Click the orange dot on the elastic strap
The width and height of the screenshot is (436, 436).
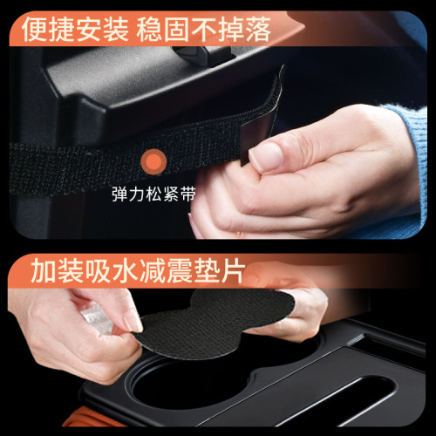(154, 160)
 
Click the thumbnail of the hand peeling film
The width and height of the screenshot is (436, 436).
(132, 321)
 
